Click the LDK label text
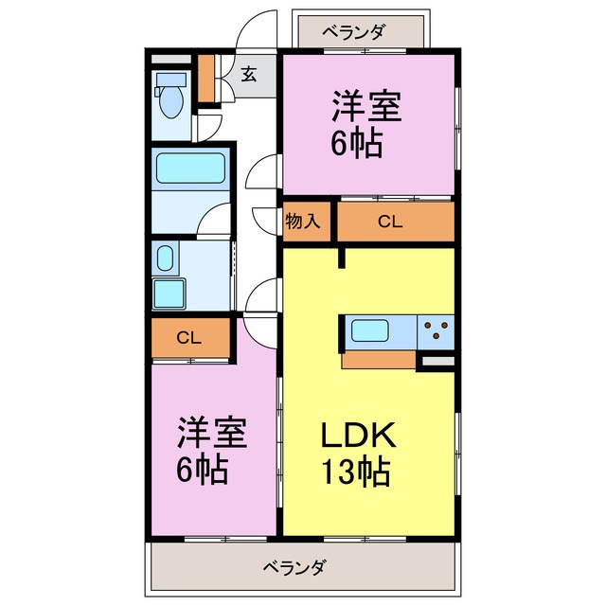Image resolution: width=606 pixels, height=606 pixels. [x=356, y=437]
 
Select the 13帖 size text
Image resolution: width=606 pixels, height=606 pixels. [x=356, y=471]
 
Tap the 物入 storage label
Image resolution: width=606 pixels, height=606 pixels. [x=306, y=222]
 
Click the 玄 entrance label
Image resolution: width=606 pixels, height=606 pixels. [x=248, y=75]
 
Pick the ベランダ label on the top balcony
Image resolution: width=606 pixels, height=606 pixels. [x=352, y=31]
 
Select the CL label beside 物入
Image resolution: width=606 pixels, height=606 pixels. [x=388, y=222]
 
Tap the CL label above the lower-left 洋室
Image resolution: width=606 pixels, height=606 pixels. [x=188, y=338]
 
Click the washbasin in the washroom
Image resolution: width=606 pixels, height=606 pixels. [x=165, y=258]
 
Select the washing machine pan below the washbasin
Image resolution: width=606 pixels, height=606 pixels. [x=171, y=294]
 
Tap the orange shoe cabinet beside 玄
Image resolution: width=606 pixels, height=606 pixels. [x=206, y=80]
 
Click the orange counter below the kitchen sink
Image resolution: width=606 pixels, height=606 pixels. [x=379, y=359]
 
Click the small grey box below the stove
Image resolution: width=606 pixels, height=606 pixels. [x=437, y=360]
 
